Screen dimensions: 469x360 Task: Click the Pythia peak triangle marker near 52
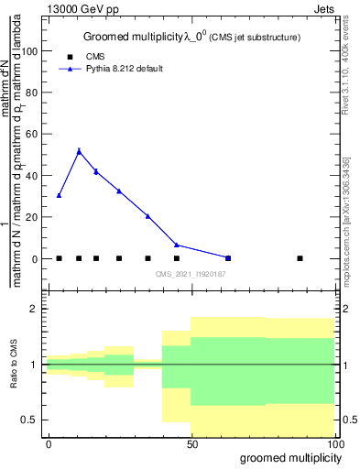[79, 151]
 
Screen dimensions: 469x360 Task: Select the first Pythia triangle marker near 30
[59, 195]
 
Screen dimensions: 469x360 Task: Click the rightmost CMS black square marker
[300, 258]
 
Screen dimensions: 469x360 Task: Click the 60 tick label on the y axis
[31, 135]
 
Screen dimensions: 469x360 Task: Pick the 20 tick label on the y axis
[31, 217]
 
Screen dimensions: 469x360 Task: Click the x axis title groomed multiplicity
[289, 457]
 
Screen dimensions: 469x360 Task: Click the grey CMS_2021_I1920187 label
[191, 274]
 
